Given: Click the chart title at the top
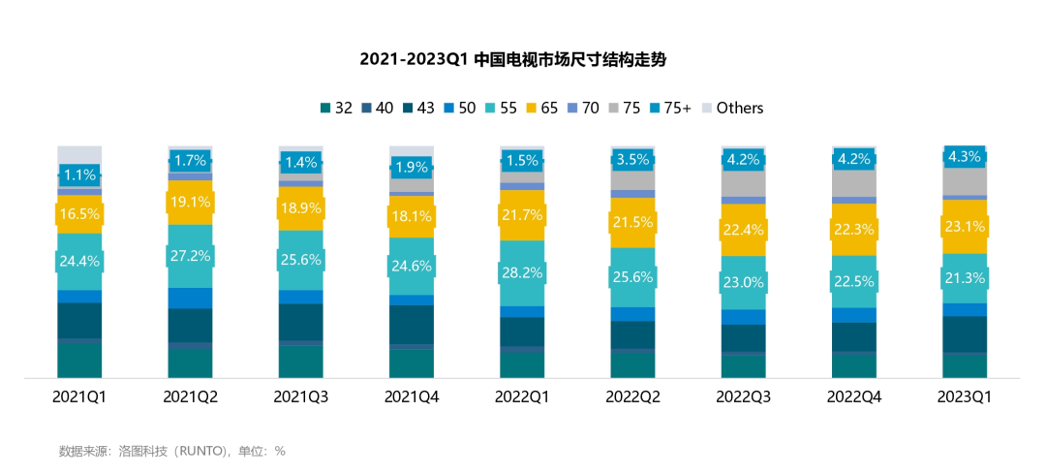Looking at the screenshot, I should pyautogui.click(x=513, y=60).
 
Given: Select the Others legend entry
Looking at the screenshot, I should pyautogui.click(x=733, y=108).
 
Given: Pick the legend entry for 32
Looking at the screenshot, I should pyautogui.click(x=336, y=108).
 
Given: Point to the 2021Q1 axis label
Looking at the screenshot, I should pyautogui.click(x=79, y=396).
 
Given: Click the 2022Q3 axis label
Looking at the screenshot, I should pyautogui.click(x=743, y=396).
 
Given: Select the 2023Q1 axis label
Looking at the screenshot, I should pyautogui.click(x=965, y=396).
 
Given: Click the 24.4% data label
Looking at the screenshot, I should pyautogui.click(x=79, y=261).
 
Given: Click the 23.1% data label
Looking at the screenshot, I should pyautogui.click(x=965, y=227).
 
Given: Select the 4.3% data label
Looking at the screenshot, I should pyautogui.click(x=965, y=157).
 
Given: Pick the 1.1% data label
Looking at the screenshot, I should pyautogui.click(x=79, y=175).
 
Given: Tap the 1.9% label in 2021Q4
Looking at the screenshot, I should pyautogui.click(x=412, y=167).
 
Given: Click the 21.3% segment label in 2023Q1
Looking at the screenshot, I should pyautogui.click(x=965, y=279).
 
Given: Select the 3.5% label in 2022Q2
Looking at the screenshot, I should pyautogui.click(x=632, y=160).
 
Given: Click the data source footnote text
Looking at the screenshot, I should pyautogui.click(x=171, y=451).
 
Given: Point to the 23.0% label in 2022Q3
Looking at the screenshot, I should pyautogui.click(x=743, y=283).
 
